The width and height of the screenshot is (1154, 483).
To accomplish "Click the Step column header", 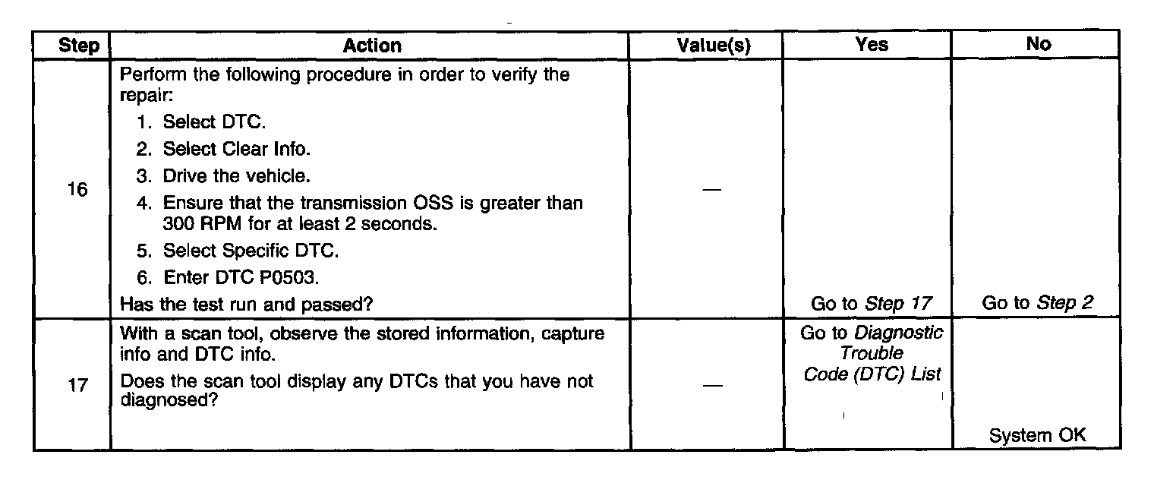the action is point(79,46).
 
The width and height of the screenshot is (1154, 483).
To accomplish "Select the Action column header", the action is point(372,46).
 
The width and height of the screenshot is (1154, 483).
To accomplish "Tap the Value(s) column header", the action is point(713,46).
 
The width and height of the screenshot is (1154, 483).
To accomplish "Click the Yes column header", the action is point(871,45).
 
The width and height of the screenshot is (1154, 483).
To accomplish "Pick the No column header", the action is point(1038,45).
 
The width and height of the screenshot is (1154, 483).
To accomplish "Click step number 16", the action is point(76,190).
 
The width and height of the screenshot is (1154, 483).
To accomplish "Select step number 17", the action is point(76,385).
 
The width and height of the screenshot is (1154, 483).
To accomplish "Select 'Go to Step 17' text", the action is point(871,305).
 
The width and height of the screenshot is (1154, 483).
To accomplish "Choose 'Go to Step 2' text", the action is point(1038,305).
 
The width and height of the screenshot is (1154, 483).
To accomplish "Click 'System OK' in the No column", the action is point(1038,436).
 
